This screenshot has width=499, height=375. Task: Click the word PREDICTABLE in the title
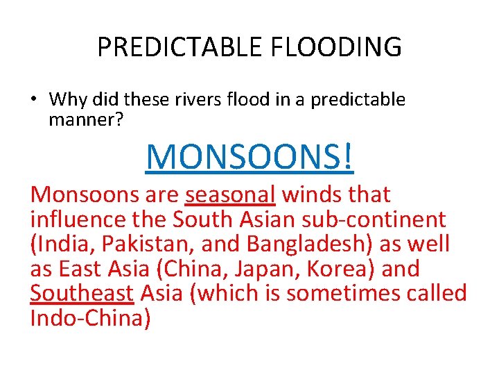tap(180, 47)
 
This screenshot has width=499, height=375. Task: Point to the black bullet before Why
tap(33, 100)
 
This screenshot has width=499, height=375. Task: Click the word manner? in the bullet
tap(86, 121)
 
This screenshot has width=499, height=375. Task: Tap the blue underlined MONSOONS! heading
tap(249, 157)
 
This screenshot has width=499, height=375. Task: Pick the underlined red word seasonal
tap(231, 195)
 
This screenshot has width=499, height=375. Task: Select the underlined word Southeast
tap(82, 294)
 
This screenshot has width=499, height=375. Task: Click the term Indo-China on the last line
tap(90, 318)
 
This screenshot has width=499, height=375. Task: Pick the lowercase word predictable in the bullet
tap(358, 100)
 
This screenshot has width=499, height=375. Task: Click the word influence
tap(76, 220)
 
